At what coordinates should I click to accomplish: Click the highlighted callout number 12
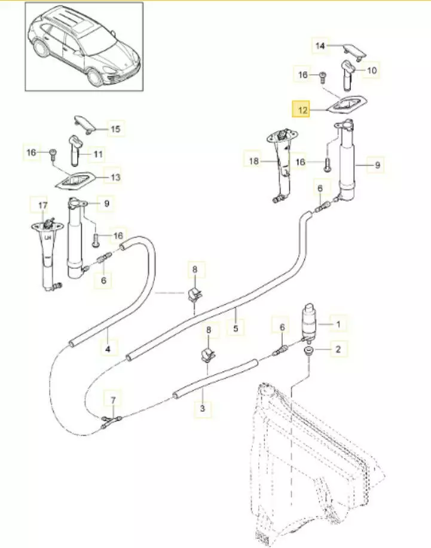(300, 110)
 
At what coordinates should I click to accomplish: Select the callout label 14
(320, 45)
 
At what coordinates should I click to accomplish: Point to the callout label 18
(253, 161)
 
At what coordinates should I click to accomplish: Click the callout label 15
(115, 128)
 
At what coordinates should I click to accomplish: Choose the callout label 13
(115, 177)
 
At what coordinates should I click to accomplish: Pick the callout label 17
(42, 206)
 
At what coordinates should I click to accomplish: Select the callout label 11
(98, 154)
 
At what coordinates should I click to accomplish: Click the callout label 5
(236, 328)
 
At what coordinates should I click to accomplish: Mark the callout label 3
(203, 409)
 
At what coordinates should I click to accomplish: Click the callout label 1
(338, 324)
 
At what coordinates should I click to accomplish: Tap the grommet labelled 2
(309, 350)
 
